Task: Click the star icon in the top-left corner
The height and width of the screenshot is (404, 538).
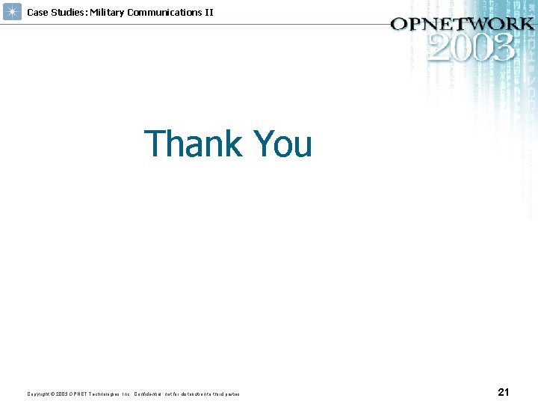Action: pos(12,12)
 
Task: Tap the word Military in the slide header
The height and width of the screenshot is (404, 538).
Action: pos(108,12)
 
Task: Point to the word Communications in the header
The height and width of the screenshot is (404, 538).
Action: pos(164,12)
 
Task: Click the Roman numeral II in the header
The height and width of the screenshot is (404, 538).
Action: pos(208,12)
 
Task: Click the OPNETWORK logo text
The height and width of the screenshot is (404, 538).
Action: pos(462,23)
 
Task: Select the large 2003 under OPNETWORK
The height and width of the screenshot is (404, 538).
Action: pos(471,48)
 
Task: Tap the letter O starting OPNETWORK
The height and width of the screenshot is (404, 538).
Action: pos(400,23)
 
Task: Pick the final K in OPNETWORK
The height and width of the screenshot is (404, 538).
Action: pos(525,23)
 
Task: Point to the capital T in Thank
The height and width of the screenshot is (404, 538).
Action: pos(155,144)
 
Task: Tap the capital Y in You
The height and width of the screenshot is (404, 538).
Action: pos(265,144)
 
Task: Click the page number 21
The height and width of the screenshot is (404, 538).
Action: pos(503,392)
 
